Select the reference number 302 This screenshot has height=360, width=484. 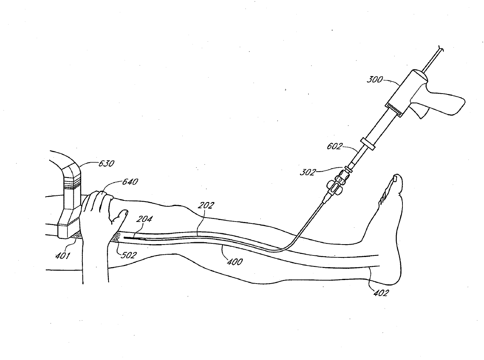307,172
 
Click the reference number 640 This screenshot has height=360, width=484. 130,182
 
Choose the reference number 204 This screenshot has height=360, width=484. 144,220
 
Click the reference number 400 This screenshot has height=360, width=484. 234,262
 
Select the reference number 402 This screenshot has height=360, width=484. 381,293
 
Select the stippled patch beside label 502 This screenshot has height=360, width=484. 116,237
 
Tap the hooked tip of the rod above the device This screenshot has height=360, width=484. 441,49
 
